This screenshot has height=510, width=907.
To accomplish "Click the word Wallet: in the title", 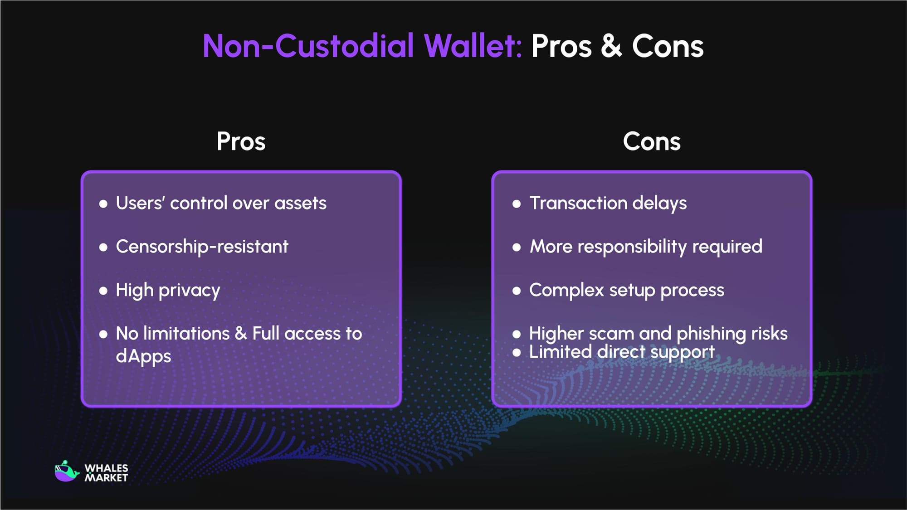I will (x=473, y=46).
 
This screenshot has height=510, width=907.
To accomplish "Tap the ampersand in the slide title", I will (x=611, y=46).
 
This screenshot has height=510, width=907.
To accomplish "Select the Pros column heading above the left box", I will (x=241, y=141).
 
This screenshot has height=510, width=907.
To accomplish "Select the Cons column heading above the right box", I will (x=651, y=141).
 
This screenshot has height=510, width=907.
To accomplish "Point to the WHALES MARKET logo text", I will (x=106, y=473).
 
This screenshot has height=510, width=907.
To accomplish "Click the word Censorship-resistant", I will (x=202, y=247).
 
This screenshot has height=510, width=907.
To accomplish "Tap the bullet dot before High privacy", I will (x=103, y=291).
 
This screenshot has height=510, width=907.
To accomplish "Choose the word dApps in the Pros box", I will (x=143, y=356).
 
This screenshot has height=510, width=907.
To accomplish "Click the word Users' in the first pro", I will (x=140, y=203).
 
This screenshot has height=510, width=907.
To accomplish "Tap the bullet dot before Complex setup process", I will (x=517, y=291).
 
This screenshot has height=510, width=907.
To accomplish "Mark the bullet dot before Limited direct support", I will (x=517, y=352).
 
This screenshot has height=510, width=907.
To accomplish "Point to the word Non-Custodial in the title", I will (x=308, y=46).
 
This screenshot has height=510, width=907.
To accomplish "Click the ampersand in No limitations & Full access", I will (x=241, y=334).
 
